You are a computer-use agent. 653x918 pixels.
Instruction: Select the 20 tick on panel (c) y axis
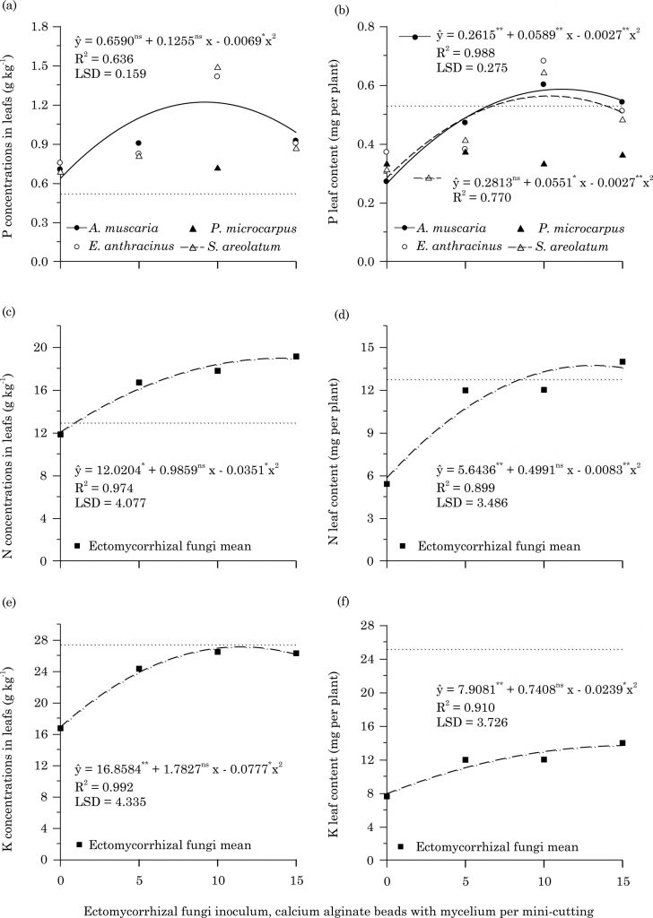click(39, 347)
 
